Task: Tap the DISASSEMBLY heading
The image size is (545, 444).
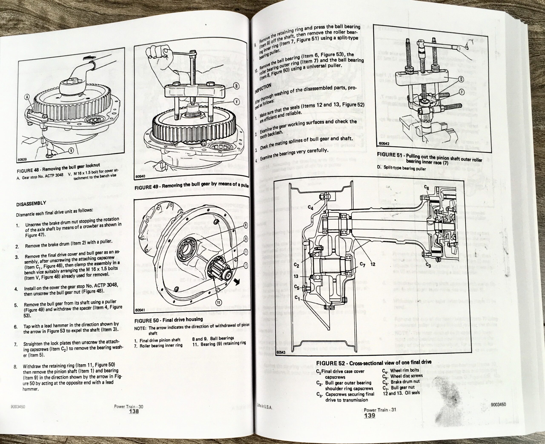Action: click(x=31, y=204)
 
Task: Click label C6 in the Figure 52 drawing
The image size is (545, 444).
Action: click(x=427, y=188)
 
